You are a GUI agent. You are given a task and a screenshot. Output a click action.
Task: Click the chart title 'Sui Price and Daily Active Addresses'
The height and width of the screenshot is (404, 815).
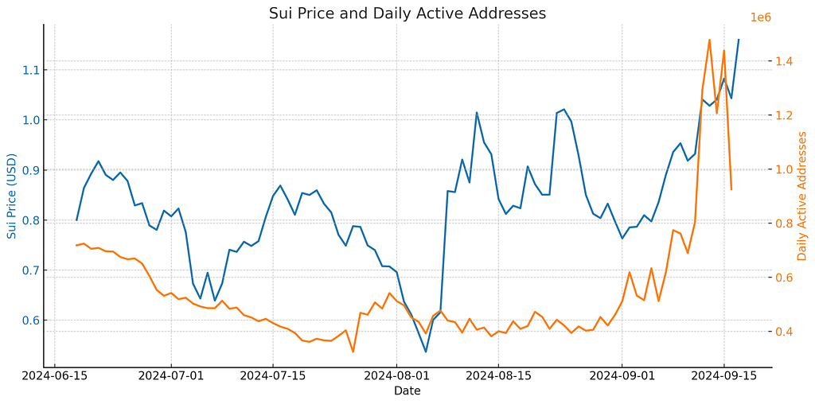click(407, 13)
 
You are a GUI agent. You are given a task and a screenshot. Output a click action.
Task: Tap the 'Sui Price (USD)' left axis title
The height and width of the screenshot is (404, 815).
click(11, 196)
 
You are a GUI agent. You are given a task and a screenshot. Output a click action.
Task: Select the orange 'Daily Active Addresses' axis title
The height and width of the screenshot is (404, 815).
click(801, 196)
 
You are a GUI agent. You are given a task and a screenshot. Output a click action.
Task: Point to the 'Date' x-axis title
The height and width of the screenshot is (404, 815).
click(407, 390)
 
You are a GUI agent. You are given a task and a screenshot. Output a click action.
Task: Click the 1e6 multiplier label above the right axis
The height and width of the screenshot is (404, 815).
click(761, 17)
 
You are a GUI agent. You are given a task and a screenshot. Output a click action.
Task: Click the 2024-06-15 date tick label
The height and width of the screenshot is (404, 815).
click(54, 375)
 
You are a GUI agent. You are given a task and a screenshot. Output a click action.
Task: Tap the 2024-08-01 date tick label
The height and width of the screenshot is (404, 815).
click(396, 375)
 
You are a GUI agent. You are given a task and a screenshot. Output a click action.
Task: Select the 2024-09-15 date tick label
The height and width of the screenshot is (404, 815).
click(723, 375)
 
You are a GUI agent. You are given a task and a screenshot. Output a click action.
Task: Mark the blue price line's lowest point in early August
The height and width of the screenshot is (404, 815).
click(426, 352)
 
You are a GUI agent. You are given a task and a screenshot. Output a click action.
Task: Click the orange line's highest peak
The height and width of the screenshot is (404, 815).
click(709, 39)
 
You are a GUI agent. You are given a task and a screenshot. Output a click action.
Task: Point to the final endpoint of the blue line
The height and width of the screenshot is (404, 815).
click(739, 39)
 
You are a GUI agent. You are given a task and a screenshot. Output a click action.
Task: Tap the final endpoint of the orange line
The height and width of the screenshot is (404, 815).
click(731, 189)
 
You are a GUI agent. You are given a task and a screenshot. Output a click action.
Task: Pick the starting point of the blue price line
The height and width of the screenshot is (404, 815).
click(76, 220)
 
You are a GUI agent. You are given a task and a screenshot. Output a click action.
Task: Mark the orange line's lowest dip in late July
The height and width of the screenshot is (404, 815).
click(353, 352)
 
